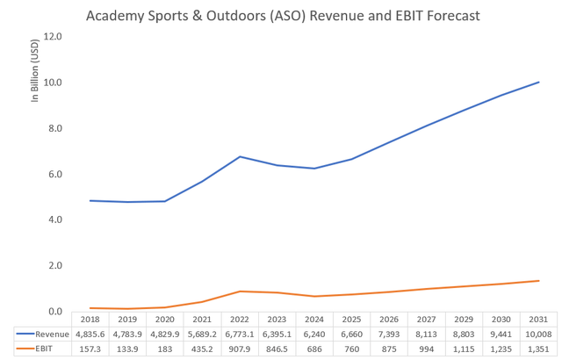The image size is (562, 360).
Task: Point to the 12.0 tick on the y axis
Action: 52,37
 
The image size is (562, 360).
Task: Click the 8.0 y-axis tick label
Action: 52,128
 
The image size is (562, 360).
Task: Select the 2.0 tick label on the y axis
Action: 52,266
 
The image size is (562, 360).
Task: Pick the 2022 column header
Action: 241,319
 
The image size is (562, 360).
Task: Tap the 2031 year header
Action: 538,319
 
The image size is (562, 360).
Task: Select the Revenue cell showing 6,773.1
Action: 241,334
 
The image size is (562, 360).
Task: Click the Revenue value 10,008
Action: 538,334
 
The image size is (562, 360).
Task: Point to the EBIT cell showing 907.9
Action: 241,349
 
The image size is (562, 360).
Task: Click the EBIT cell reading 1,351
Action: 538,349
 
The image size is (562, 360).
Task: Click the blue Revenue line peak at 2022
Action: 241,156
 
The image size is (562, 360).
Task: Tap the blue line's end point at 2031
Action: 538,83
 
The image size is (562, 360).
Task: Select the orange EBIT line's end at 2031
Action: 538,281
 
